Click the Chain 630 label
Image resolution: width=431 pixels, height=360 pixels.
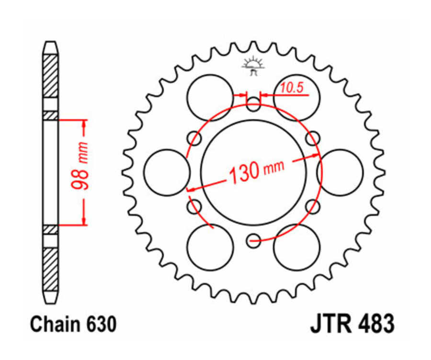point(73,325)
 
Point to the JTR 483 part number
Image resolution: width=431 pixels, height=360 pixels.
point(353,325)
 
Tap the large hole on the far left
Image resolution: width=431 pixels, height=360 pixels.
point(167,172)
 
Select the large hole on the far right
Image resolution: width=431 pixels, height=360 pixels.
point(340,172)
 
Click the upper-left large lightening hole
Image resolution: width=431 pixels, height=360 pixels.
point(210,98)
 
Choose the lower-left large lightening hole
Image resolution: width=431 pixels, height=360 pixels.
point(210,247)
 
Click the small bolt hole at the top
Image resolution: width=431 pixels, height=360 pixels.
point(253,104)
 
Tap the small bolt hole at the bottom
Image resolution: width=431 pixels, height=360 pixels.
point(253,241)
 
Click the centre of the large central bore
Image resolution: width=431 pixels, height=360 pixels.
point(253,172)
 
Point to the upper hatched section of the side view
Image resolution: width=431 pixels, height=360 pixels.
point(51,77)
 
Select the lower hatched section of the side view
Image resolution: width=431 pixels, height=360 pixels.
point(51,268)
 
